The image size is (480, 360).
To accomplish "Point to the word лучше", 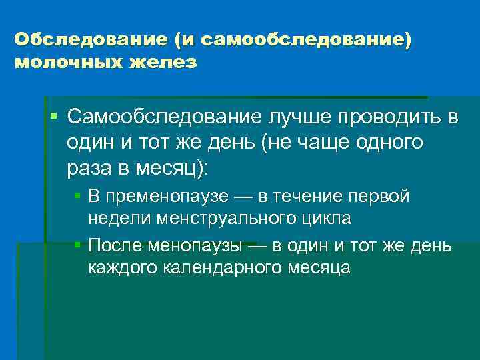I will [301, 118].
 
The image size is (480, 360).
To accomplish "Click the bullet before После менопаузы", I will [77, 245].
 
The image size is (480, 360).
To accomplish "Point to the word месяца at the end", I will [318, 268].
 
